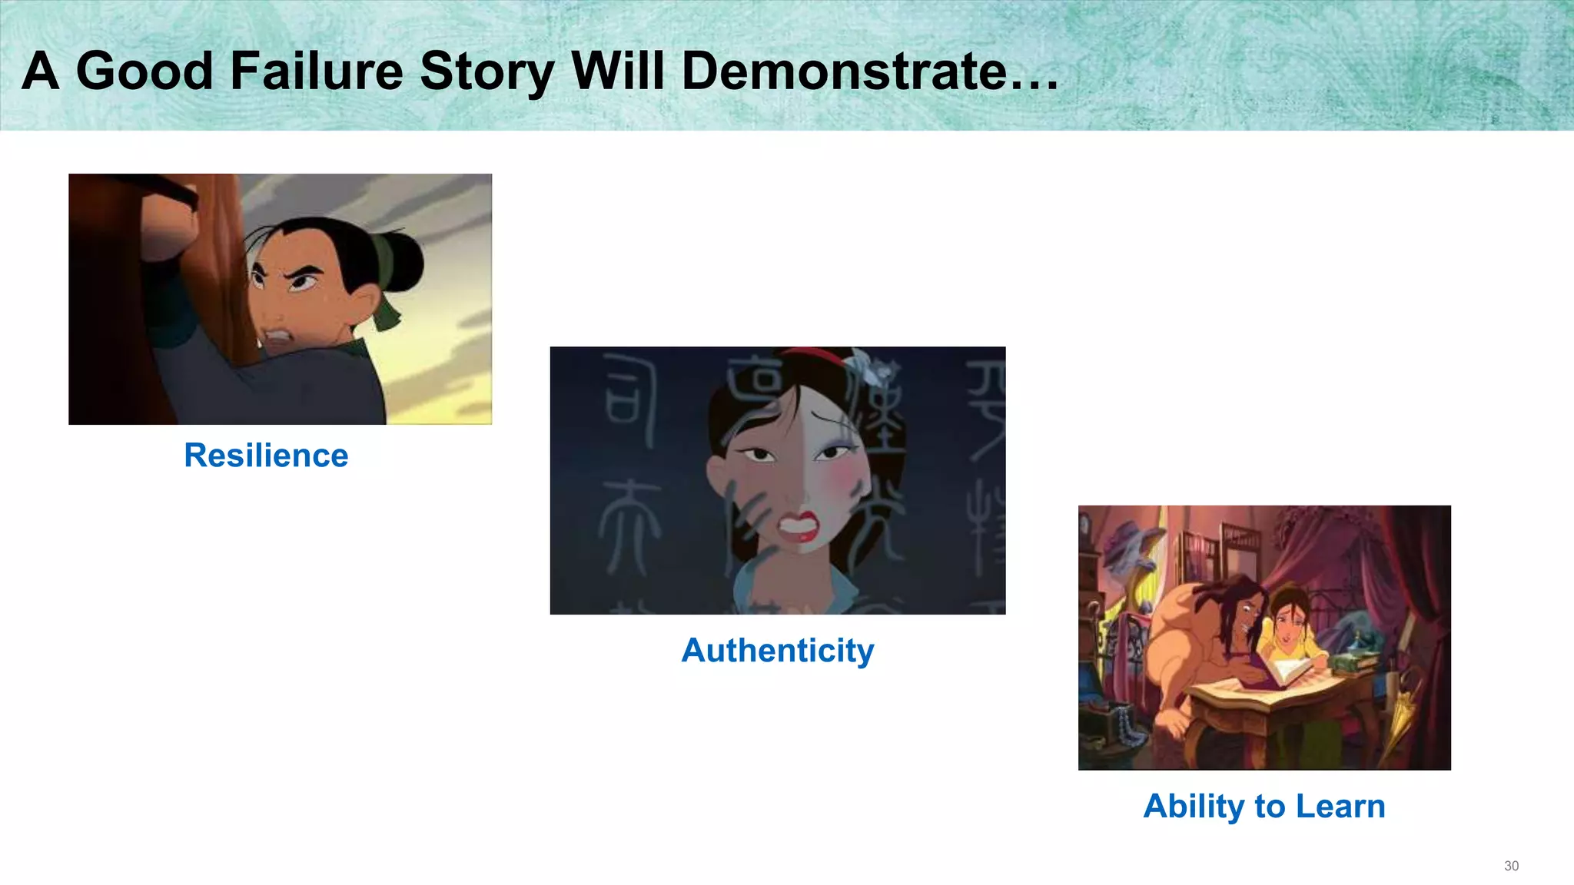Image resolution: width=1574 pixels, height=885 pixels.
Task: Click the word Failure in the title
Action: (x=317, y=71)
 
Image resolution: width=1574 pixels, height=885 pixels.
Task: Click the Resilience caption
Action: (x=266, y=456)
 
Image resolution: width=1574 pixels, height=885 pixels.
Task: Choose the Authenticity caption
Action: (x=777, y=651)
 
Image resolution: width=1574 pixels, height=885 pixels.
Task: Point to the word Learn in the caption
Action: (x=1340, y=807)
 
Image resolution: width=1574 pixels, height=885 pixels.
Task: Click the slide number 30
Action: (x=1511, y=866)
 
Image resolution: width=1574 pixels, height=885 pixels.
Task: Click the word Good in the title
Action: (x=144, y=71)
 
